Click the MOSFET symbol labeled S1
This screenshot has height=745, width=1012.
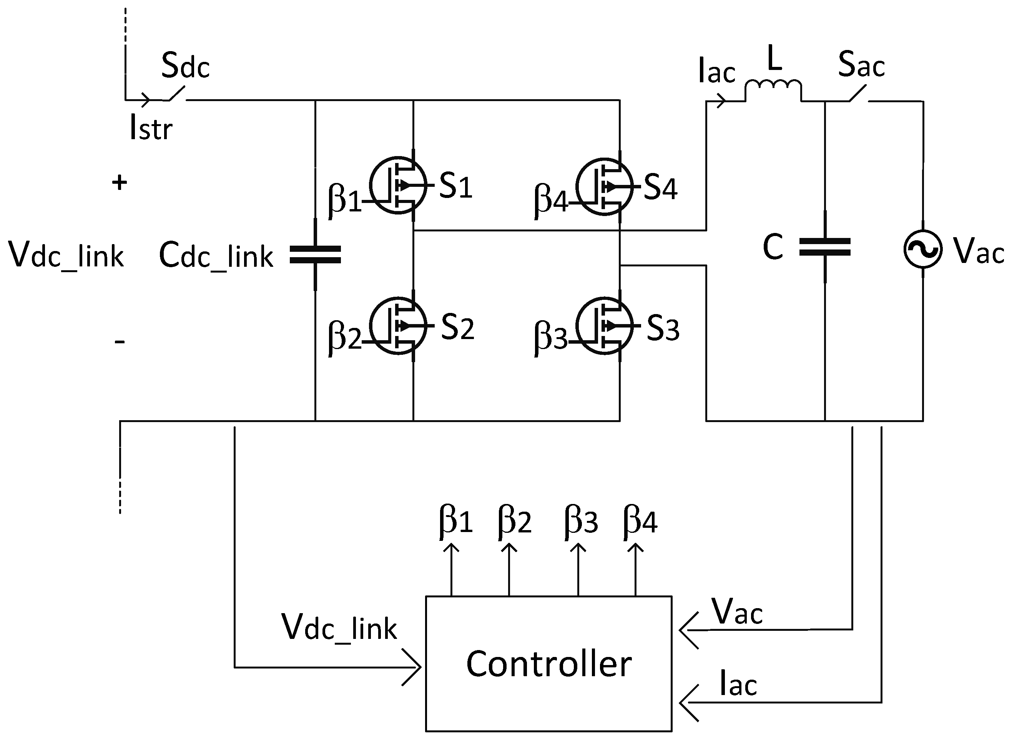[x=397, y=185]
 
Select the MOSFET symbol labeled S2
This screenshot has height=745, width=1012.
[x=397, y=325]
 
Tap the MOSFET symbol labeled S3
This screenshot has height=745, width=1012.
[x=604, y=325]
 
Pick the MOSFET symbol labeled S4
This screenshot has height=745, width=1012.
[x=604, y=186]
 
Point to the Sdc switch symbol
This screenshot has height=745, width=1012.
[x=176, y=94]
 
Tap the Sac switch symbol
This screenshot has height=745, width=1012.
[x=857, y=95]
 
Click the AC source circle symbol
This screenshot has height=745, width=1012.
[x=923, y=249]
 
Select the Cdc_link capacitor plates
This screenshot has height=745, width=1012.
[x=315, y=254]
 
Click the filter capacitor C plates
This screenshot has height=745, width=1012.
[x=824, y=247]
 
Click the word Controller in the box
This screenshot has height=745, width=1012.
[x=548, y=664]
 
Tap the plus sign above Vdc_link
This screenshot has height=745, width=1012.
[x=120, y=183]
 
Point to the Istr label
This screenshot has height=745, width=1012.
[x=151, y=128]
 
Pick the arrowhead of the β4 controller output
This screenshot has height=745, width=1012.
[x=636, y=547]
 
